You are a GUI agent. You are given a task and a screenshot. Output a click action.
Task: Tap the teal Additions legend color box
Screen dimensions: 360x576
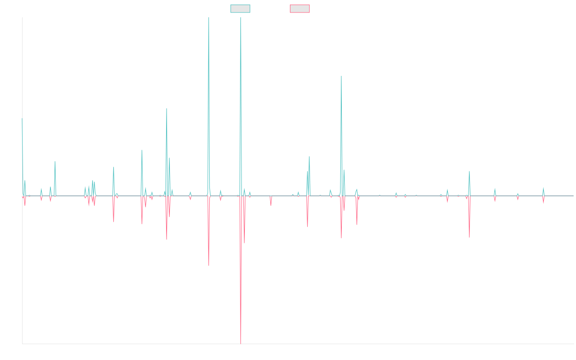pyautogui.click(x=240, y=9)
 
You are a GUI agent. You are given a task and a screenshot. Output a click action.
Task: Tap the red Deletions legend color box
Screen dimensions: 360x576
pyautogui.click(x=300, y=9)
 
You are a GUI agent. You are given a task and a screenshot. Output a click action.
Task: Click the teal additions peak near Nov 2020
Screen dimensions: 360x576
pyautogui.click(x=341, y=77)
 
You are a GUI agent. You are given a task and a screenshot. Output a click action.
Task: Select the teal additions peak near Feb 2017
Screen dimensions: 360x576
pyautogui.click(x=167, y=109)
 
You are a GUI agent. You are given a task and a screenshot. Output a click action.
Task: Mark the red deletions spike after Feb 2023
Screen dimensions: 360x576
pyautogui.click(x=469, y=237)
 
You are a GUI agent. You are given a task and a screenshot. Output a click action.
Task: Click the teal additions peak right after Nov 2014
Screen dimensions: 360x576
pyautogui.click(x=55, y=162)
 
